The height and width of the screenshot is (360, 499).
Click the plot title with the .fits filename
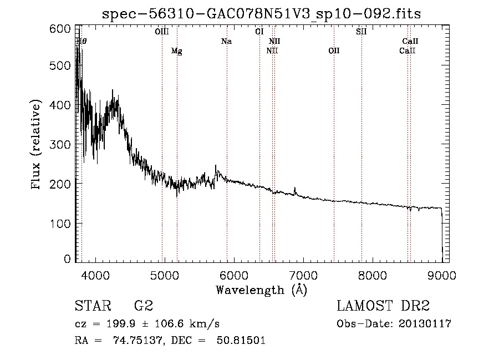click(262, 14)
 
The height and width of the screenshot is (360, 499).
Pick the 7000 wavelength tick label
click(303, 275)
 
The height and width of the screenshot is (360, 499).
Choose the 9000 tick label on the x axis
click(442, 275)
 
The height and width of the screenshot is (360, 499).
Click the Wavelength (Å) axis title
click(261, 290)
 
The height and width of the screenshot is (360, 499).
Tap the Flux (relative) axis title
click(37, 145)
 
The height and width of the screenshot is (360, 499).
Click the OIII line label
click(162, 32)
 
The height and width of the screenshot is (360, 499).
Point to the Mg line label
click(176, 51)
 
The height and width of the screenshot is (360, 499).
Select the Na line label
click(226, 42)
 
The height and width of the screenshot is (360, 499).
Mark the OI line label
click(259, 32)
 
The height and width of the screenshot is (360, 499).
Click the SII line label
click(361, 32)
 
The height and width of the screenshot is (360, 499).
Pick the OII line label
click(333, 51)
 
